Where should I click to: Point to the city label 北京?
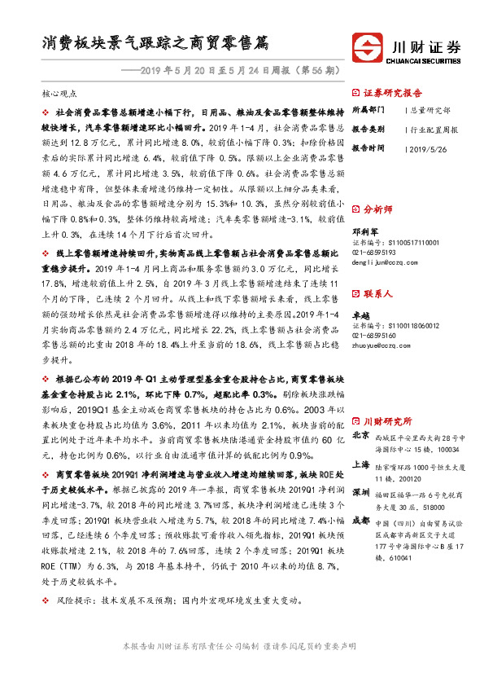click(x=362, y=435)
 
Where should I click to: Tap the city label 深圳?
click(x=362, y=493)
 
